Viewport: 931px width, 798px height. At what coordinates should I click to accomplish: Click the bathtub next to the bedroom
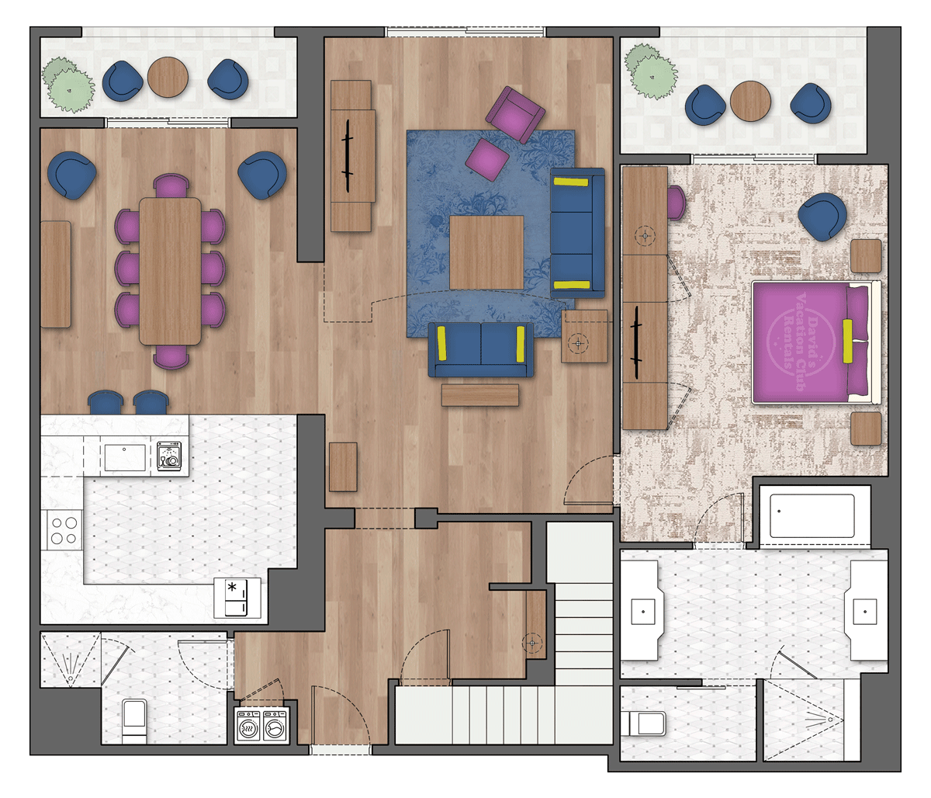point(812,516)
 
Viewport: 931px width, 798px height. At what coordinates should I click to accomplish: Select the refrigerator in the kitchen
point(237,598)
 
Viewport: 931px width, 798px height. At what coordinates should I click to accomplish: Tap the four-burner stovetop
point(64,530)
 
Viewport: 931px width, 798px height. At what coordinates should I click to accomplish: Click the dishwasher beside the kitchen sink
point(169,456)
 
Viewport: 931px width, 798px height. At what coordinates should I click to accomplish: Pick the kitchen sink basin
point(125,457)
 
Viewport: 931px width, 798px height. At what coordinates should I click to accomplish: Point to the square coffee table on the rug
point(486,252)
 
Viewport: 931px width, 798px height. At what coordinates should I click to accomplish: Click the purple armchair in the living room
point(515,114)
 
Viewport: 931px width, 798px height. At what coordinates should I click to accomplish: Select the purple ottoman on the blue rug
point(487,159)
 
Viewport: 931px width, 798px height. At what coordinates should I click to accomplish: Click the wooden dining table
point(170,271)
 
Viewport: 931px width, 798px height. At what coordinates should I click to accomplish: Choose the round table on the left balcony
point(168,77)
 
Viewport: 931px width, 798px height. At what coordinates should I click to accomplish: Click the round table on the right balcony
point(750,102)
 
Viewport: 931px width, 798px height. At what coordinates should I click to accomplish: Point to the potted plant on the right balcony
point(650,71)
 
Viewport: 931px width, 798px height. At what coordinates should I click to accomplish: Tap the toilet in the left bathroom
point(134,721)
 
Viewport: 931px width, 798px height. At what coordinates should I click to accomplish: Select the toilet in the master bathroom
point(643,723)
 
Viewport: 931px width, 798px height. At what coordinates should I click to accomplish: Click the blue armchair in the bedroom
point(822,217)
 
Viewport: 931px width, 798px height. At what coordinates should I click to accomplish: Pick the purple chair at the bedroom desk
point(677,203)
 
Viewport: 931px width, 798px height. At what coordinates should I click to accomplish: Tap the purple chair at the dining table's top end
point(171,186)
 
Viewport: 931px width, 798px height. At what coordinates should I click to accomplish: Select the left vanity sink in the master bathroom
point(642,612)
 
